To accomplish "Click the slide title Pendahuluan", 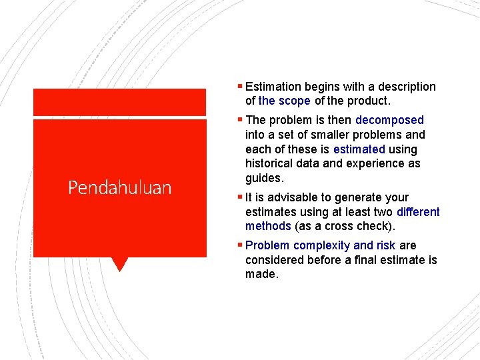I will coord(119,187).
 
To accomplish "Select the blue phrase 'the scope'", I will coord(284,101).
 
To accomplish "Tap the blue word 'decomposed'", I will coord(389,120).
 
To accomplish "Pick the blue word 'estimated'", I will coord(359,149).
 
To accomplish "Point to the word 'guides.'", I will coord(264,178).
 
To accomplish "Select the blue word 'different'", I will coord(418,212).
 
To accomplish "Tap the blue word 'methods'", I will coord(268,226).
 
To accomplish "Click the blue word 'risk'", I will coord(386,245).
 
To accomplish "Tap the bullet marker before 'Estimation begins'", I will coord(241,86).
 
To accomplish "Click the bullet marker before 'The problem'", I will coord(241,120).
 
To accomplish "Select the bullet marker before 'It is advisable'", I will coord(241,197).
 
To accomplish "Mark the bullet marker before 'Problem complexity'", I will coord(241,245).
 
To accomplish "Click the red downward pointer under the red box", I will coord(119,264).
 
